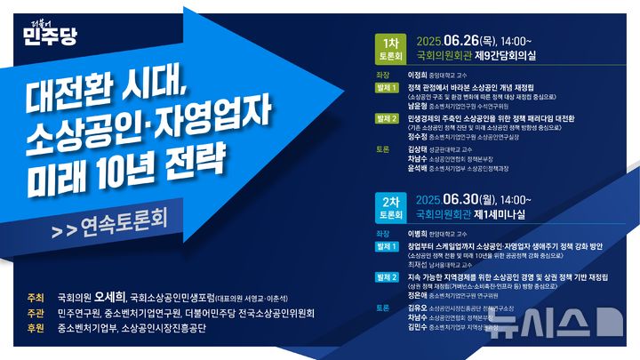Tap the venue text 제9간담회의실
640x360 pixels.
click(513, 56)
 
